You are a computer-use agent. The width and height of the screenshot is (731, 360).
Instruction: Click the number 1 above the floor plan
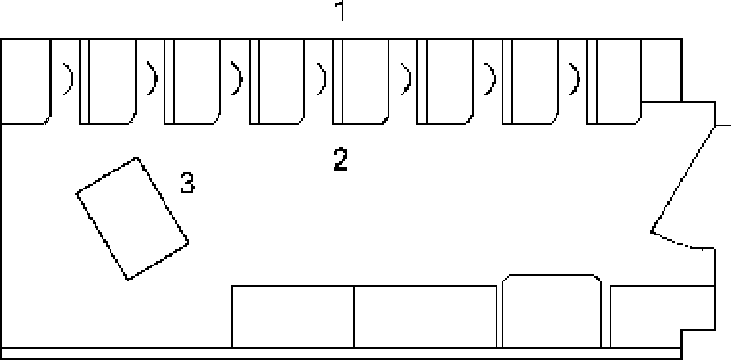coord(341,11)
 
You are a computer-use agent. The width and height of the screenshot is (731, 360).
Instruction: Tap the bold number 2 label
coord(341,160)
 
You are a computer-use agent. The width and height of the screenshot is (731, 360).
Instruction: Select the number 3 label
coord(187,183)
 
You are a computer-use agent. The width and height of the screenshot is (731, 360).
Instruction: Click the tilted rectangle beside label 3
coord(132,218)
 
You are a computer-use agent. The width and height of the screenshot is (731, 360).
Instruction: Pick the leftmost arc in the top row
coord(69,79)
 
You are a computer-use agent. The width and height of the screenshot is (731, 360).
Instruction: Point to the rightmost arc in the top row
coord(575,79)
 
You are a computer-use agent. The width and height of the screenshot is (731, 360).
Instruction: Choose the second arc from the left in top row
coord(153,79)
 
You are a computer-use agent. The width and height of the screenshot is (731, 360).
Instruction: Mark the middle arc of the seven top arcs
coord(322,79)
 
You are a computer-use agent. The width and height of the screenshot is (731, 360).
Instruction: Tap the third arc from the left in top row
coord(237,79)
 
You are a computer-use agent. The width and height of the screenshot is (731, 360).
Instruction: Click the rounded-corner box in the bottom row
coord(551,311)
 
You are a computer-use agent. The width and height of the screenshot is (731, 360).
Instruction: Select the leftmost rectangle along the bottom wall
coord(292,317)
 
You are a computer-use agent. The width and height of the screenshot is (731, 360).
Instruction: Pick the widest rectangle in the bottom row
coord(425,317)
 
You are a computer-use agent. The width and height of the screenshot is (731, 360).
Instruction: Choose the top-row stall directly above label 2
coord(361,80)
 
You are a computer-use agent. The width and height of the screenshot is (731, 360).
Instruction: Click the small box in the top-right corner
coord(661,70)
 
